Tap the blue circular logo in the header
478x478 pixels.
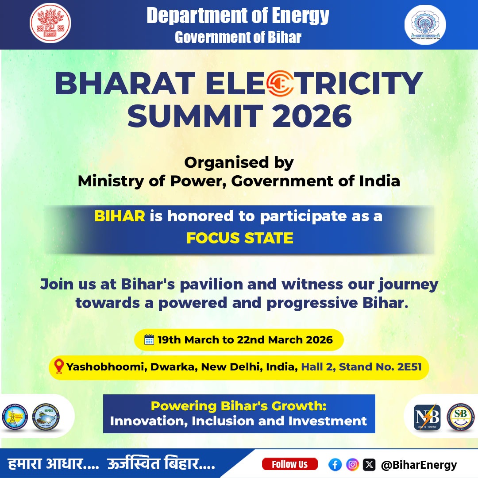pos(425,24)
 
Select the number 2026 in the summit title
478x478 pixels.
pos(313,115)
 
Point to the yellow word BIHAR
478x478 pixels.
pos(119,216)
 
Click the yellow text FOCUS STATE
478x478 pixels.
pos(239,238)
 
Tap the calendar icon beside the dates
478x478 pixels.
pos(149,340)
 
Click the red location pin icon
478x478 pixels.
pos(59,367)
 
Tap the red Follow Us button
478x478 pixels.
pos(289,464)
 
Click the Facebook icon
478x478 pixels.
pos(335,464)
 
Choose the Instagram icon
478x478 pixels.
pos(352,464)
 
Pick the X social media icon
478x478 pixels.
pos(369,464)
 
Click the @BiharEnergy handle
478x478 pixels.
pos(419,465)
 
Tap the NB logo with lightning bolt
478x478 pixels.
pos(427,417)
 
